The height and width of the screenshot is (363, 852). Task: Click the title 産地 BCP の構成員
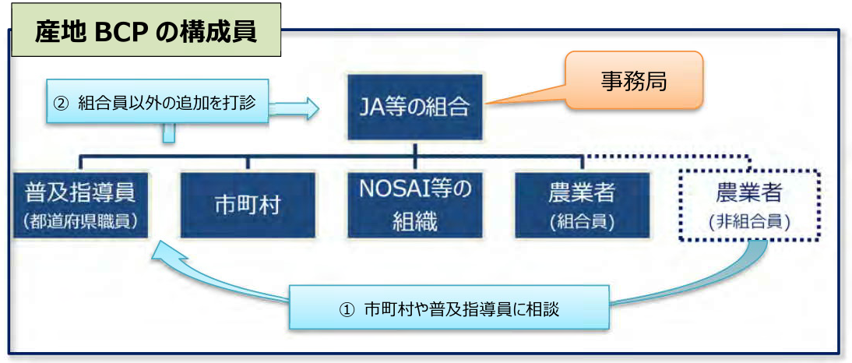tap(146, 32)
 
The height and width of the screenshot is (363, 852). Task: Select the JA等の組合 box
tap(414, 107)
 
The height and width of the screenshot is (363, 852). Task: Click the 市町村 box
tap(248, 206)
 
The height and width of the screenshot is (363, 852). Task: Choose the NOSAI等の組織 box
tap(415, 206)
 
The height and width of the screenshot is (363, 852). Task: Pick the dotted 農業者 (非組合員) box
tap(749, 206)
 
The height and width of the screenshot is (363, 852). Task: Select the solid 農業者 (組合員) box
tap(582, 206)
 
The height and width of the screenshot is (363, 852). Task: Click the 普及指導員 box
tap(80, 206)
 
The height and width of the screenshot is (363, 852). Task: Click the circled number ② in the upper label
tap(60, 103)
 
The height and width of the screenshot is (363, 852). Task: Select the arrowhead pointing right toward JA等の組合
tap(310, 107)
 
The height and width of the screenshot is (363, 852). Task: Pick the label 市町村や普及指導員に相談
tap(462, 309)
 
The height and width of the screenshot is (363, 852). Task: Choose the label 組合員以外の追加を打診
tap(166, 103)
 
